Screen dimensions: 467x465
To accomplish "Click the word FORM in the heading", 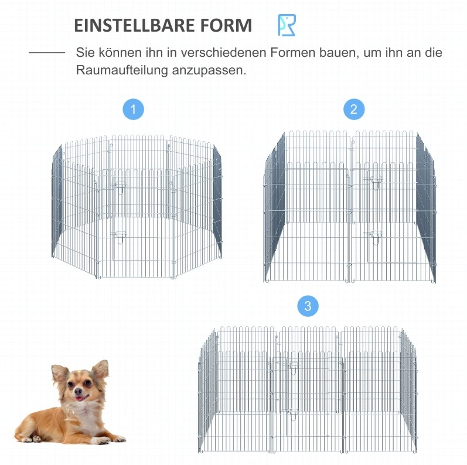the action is pyautogui.click(x=226, y=25).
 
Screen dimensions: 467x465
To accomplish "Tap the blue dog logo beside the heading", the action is pyautogui.click(x=287, y=25).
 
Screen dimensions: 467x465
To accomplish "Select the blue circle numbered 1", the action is pyautogui.click(x=133, y=110).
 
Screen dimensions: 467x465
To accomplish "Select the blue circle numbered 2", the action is pyautogui.click(x=354, y=110).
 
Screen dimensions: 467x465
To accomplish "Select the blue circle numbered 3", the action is pyautogui.click(x=308, y=306).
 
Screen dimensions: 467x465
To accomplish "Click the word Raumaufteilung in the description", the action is pyautogui.click(x=122, y=70).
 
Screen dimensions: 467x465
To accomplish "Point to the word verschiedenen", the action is pyautogui.click(x=223, y=53).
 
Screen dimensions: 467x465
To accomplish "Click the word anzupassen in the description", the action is pyautogui.click(x=209, y=71).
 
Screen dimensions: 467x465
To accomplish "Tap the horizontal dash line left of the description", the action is pyautogui.click(x=47, y=53).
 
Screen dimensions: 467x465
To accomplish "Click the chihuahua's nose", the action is pyautogui.click(x=79, y=391).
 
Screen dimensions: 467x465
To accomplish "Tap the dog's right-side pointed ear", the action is pyautogui.click(x=101, y=370).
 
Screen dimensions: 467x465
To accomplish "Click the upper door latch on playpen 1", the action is pyautogui.click(x=120, y=187).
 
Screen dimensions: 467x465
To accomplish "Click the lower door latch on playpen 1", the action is pyautogui.click(x=120, y=237).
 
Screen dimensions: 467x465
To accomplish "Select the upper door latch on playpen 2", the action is pyautogui.click(x=375, y=182).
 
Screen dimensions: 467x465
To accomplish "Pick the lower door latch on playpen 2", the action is pyautogui.click(x=375, y=237).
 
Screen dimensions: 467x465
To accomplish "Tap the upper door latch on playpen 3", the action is pyautogui.click(x=294, y=368).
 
